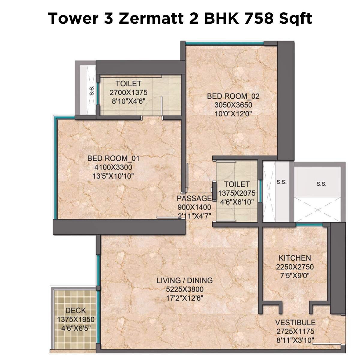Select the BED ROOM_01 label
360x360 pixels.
tap(113, 158)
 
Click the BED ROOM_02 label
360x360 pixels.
tap(233, 96)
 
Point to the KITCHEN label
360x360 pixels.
tap(295, 258)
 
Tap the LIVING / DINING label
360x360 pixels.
tap(185, 280)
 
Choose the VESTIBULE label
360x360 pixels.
tap(295, 322)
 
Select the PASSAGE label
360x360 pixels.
tap(194, 199)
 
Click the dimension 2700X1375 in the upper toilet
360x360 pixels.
tap(128, 92)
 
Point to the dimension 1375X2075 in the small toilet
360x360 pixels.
tap(237, 193)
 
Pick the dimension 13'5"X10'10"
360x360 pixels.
tap(113, 176)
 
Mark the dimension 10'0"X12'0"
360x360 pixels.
tap(233, 114)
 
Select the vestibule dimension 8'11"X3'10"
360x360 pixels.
tap(295, 340)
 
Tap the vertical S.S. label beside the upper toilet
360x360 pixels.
tap(92, 91)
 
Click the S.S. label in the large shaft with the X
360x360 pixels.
tap(321, 184)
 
